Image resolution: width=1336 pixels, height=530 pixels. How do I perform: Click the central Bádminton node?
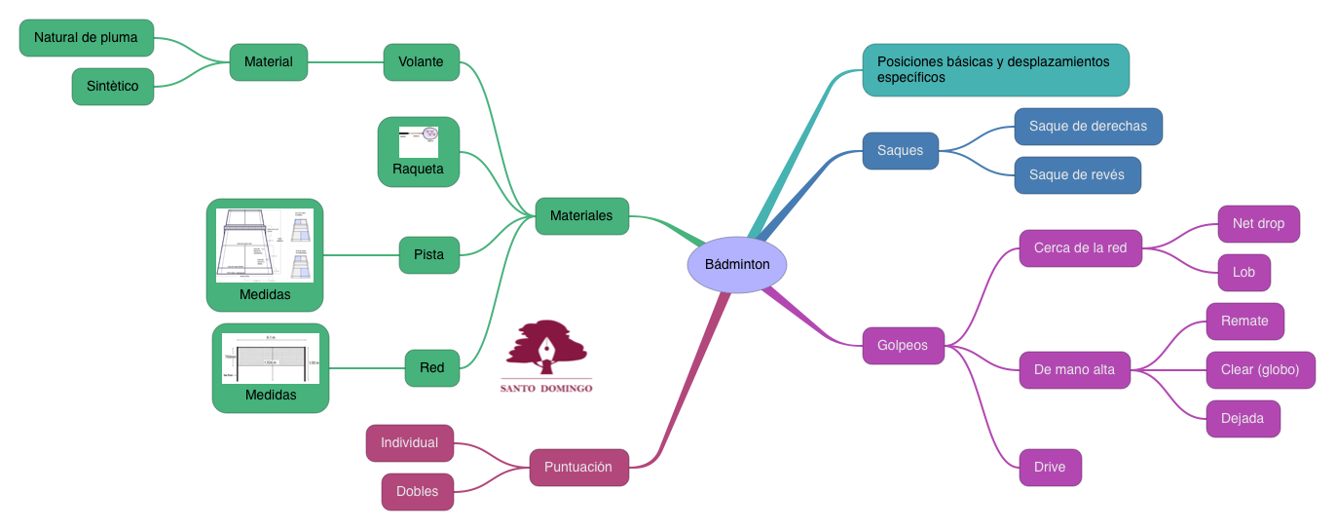click(x=737, y=264)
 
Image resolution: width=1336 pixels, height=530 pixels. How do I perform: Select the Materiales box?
click(x=581, y=215)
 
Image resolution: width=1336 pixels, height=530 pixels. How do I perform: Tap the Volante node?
click(x=421, y=61)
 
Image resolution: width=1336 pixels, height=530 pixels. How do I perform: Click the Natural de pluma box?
click(x=86, y=38)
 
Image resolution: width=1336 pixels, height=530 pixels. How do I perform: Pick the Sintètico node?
click(x=113, y=86)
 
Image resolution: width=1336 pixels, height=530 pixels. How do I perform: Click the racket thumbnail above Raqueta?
click(x=419, y=141)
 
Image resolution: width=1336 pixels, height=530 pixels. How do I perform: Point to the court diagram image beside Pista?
click(x=265, y=246)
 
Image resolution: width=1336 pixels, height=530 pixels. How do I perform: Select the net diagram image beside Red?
click(x=271, y=359)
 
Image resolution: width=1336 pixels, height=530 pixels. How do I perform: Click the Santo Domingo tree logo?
click(x=546, y=350)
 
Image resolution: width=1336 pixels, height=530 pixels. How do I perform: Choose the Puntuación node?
click(x=578, y=467)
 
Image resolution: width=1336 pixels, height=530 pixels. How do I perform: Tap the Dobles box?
click(x=417, y=491)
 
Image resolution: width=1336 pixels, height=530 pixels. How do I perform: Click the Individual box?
click(x=409, y=442)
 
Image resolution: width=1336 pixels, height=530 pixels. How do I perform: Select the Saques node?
click(x=900, y=151)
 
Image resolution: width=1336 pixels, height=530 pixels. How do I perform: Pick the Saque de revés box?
click(x=1076, y=175)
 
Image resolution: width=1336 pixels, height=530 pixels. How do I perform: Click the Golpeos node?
click(x=903, y=345)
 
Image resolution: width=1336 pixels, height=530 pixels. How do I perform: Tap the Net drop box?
click(x=1258, y=223)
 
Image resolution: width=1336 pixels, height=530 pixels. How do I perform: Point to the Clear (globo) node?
click(x=1260, y=369)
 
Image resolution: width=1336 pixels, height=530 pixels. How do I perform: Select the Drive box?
click(x=1050, y=467)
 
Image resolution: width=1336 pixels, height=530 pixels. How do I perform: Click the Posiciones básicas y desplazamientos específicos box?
click(x=995, y=69)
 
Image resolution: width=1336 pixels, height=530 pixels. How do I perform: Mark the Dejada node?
click(x=1243, y=418)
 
